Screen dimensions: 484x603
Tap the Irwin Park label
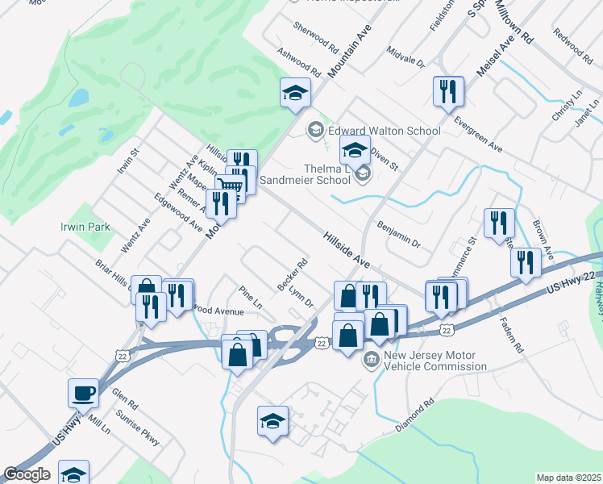pos(85,227)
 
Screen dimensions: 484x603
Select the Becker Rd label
pos(293,274)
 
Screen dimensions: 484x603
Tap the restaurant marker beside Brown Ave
pos(526,262)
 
